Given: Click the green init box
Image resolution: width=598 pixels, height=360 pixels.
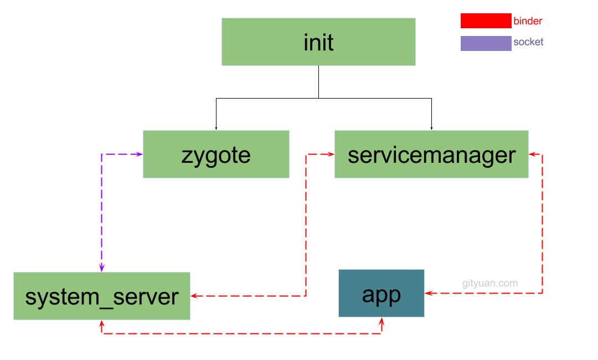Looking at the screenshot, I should tap(318, 42).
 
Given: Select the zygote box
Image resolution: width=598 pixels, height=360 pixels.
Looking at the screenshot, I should tap(216, 154).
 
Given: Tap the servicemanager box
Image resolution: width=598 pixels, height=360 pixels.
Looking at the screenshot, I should tap(431, 154).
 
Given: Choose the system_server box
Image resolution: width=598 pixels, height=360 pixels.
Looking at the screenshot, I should tap(102, 296).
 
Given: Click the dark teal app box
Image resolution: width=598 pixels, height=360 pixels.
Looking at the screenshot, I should tap(381, 293).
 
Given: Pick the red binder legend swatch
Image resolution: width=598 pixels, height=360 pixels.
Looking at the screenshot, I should tap(486, 21).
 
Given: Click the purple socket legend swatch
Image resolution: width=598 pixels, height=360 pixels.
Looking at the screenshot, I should tap(486, 43).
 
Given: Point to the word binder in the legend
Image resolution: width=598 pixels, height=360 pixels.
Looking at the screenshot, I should tap(528, 22).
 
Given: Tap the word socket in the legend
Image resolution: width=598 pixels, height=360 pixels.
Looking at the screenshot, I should tap(528, 42).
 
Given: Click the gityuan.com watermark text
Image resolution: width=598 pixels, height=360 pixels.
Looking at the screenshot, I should tap(490, 284).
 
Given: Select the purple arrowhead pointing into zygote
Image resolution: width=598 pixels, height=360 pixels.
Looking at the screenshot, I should tap(140, 154).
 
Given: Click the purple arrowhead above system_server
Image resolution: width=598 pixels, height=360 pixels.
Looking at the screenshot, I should tap(102, 268).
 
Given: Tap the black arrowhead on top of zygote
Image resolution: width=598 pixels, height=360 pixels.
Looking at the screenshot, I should tap(216, 128).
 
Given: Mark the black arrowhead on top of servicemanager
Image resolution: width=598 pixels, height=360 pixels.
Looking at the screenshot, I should tap(431, 128).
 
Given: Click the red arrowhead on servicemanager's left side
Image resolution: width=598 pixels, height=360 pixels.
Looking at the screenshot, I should tap(331, 155).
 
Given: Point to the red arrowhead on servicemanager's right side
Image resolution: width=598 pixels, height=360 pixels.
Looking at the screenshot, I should tap(533, 155).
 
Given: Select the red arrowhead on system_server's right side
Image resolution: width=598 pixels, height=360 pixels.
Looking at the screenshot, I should tap(194, 296).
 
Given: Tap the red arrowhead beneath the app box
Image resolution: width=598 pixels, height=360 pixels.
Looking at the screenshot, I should tap(381, 321).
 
